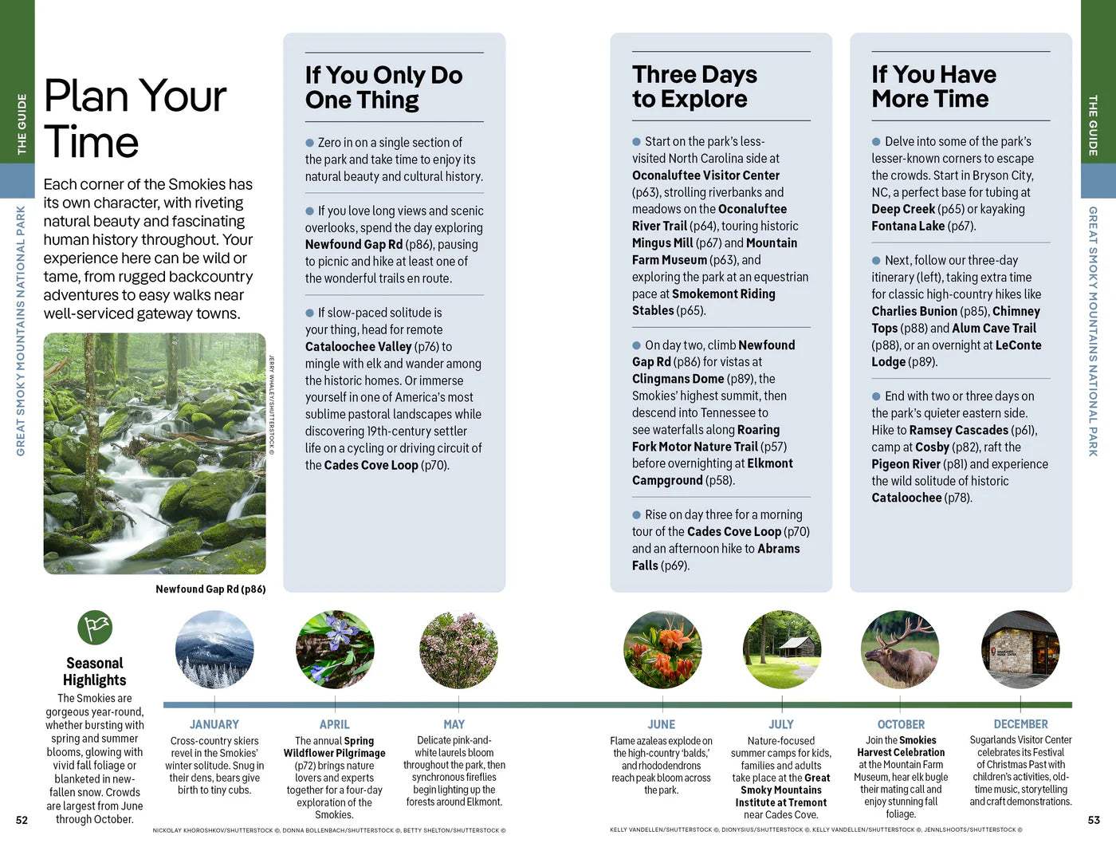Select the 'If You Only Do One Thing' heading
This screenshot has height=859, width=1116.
[x=383, y=87]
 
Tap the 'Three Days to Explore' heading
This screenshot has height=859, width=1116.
[x=694, y=86]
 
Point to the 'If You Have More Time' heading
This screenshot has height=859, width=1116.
[x=933, y=86]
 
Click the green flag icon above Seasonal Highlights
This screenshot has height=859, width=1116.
[x=95, y=628]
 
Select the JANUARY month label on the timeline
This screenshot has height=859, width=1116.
[x=214, y=724]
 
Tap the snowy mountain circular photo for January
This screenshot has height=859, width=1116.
[x=214, y=650]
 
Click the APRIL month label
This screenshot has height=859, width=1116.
[x=335, y=724]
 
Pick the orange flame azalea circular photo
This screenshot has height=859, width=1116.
[x=662, y=650]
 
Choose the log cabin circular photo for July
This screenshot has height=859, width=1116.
[x=782, y=650]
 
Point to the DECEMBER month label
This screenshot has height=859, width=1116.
[x=1020, y=724]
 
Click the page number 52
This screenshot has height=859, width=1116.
[x=22, y=820]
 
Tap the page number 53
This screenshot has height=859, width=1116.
[x=1094, y=820]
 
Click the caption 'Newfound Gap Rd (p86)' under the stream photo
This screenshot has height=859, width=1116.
[x=210, y=589]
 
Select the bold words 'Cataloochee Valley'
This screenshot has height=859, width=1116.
[x=358, y=347]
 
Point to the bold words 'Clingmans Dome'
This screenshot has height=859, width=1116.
[x=678, y=379]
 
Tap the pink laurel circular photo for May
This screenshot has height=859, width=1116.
[x=458, y=650]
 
